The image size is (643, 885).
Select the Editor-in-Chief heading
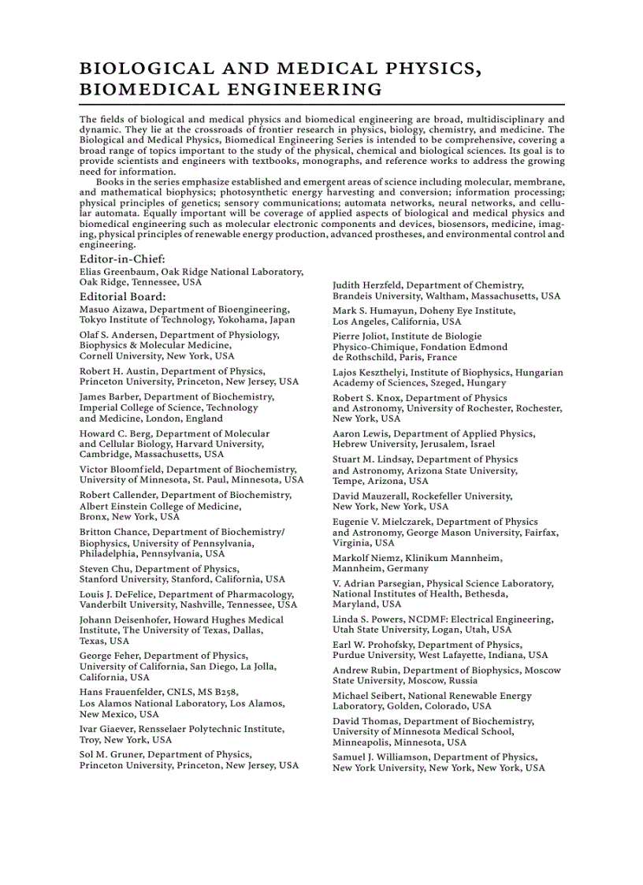122,258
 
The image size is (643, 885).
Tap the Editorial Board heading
123,297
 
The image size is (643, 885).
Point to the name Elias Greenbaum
113,271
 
